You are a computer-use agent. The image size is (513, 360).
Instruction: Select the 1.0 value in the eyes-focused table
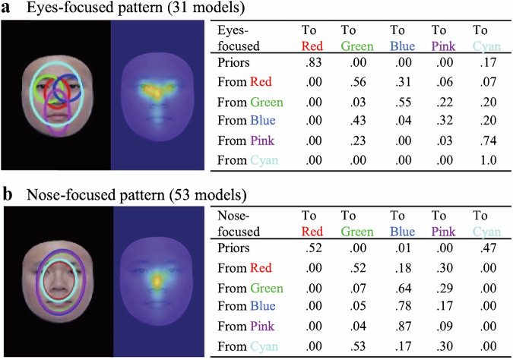[479, 161]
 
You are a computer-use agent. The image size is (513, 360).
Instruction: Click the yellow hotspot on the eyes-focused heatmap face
[155, 90]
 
